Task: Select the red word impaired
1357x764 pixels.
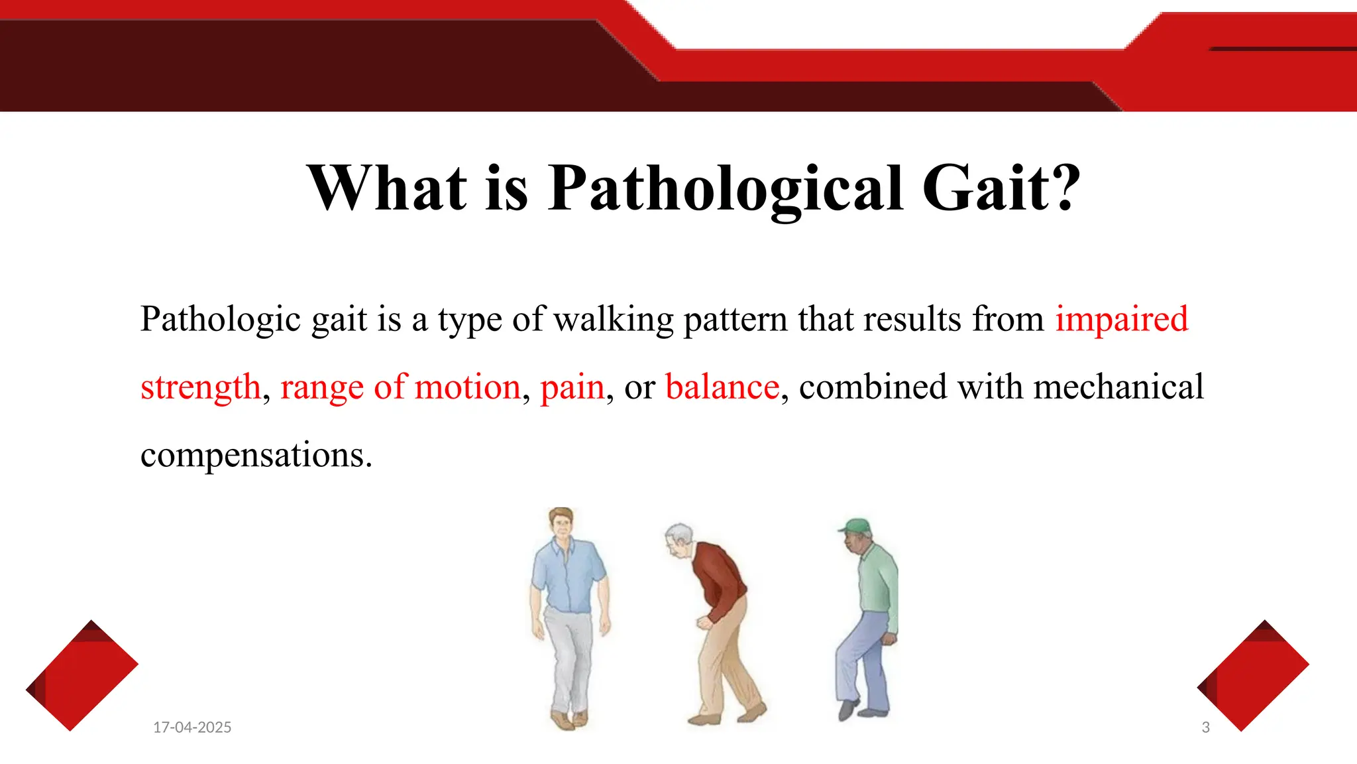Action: (1121, 319)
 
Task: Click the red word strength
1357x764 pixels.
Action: (201, 387)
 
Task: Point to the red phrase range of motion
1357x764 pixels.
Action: (400, 387)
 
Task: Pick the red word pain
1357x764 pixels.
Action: (572, 387)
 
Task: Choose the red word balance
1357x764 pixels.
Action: (722, 387)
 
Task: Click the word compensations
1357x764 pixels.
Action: (256, 456)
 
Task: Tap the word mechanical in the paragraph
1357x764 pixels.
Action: (1118, 387)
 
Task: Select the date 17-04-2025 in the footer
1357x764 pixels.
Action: (192, 728)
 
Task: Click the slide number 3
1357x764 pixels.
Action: (1205, 728)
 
